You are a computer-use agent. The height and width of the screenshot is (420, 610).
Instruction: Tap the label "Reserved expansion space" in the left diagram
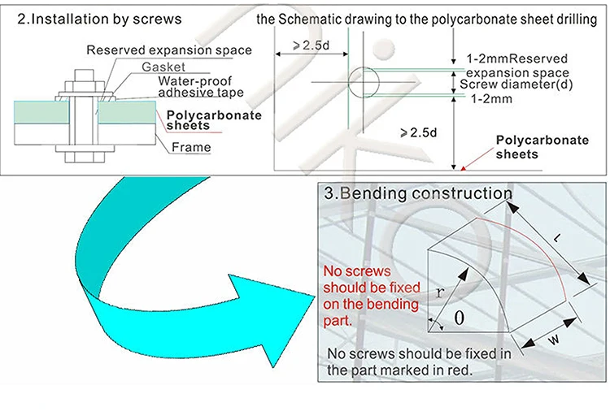tap(168, 50)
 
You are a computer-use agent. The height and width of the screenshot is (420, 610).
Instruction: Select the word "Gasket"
tap(163, 67)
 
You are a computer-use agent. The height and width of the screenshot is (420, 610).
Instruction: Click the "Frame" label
tap(191, 148)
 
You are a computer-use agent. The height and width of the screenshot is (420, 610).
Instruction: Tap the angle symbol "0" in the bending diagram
tap(459, 318)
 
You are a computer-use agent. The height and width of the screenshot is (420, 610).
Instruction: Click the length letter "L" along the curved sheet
tap(556, 239)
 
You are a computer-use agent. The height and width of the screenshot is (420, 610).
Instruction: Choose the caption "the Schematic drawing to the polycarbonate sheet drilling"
tap(426, 19)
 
